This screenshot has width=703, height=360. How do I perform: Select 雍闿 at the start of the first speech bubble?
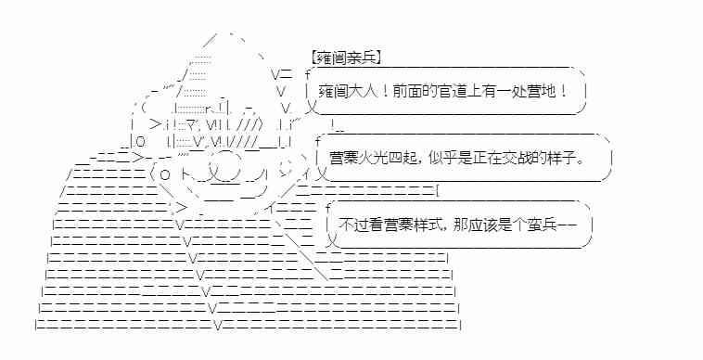330,94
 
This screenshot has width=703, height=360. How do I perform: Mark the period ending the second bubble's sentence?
581,160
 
